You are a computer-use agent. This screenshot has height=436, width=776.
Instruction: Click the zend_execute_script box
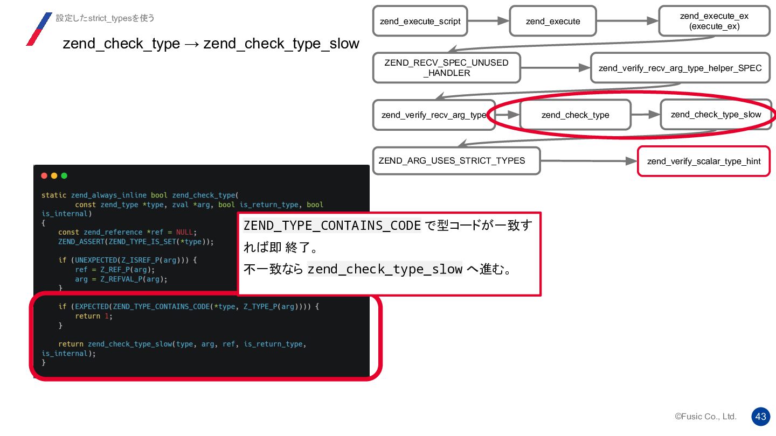[420, 22]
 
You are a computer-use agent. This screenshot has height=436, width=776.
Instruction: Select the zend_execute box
[553, 22]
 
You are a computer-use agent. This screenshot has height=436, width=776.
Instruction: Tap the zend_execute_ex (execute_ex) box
[714, 22]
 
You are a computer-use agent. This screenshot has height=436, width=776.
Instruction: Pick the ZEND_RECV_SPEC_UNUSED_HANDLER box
[446, 68]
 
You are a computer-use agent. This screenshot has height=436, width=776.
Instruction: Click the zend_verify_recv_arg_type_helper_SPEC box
[680, 68]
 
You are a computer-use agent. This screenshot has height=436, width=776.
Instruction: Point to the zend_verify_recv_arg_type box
[433, 115]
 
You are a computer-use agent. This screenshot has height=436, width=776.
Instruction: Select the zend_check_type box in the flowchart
[575, 115]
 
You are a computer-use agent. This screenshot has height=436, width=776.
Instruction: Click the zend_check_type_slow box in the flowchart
[716, 115]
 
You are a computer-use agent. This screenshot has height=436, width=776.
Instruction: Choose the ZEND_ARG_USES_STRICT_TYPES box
[456, 161]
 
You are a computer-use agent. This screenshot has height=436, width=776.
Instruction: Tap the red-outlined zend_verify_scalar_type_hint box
[703, 161]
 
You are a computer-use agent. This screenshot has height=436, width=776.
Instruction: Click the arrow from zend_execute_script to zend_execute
[488, 21]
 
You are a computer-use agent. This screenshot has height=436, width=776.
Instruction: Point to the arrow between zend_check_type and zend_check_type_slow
[646, 115]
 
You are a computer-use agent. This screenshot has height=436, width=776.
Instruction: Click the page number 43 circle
[761, 417]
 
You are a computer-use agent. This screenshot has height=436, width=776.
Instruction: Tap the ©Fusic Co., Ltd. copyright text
[705, 417]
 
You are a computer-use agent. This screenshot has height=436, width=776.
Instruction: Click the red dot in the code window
[44, 176]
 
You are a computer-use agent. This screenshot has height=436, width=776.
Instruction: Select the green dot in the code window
[64, 176]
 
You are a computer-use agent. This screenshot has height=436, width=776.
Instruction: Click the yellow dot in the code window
[54, 176]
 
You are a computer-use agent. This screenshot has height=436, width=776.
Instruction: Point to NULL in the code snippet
[184, 232]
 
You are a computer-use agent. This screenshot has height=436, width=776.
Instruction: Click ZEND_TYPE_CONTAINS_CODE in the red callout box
[332, 226]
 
